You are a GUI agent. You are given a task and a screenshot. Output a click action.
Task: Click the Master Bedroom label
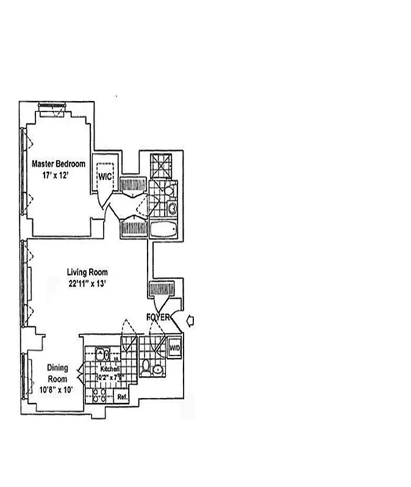(x=59, y=164)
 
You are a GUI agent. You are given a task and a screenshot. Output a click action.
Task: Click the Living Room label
(x=88, y=273)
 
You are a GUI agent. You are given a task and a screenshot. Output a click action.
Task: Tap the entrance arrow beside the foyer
(x=190, y=320)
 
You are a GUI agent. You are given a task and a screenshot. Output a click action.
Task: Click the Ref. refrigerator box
(x=122, y=398)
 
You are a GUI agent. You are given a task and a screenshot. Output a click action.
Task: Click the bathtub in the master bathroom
(x=163, y=230)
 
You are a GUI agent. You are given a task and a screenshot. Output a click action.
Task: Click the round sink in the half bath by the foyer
(x=158, y=370)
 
